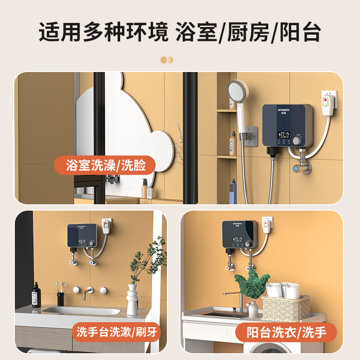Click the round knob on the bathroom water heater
pyautogui.click(x=297, y=141)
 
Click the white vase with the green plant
pyautogui.click(x=132, y=299)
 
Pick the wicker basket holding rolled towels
pyautogui.click(x=286, y=307)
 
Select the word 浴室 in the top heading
pyautogui.click(x=194, y=32)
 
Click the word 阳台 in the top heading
pyautogui.click(x=298, y=32)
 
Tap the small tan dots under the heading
pyautogui.click(x=167, y=59)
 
